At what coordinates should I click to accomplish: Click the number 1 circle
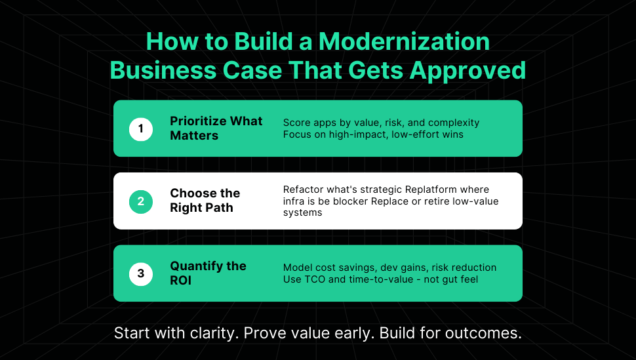[141, 129]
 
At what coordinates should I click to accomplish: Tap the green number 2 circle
[141, 201]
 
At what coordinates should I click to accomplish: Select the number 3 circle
[141, 273]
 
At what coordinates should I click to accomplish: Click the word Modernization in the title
[404, 41]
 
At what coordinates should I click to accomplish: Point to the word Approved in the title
[467, 71]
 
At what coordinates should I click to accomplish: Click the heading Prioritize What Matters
[216, 129]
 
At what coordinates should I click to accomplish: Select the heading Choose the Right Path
[205, 201]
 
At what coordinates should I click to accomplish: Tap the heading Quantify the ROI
[208, 273]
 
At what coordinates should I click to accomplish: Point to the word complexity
[454, 123]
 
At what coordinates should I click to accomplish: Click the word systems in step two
[302, 213]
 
